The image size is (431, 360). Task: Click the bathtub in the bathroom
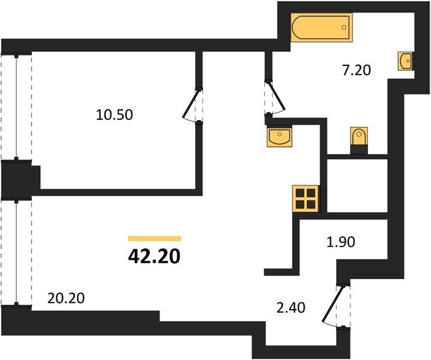pos(322,28)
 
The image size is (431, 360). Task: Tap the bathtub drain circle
pos(344,28)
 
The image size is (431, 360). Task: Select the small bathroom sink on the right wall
pos(405,61)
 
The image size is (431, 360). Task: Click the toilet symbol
pos(359,136)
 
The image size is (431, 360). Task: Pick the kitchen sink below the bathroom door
pos(279,136)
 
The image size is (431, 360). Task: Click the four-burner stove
pos(306,199)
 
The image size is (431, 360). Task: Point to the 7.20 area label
pos(357,70)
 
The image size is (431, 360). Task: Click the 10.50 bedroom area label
pos(114,115)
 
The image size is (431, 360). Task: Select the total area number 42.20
pos(154,256)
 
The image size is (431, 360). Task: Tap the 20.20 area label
pos(66,298)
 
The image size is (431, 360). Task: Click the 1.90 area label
pos(340,242)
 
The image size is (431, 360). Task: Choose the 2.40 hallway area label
pos(291,308)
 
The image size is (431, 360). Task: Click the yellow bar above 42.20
pos(154,239)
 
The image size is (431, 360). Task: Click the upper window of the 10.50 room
pos(16,107)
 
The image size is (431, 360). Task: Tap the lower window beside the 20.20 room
pos(16,252)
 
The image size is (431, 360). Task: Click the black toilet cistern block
pos(359,150)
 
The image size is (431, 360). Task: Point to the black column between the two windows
pos(20,180)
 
